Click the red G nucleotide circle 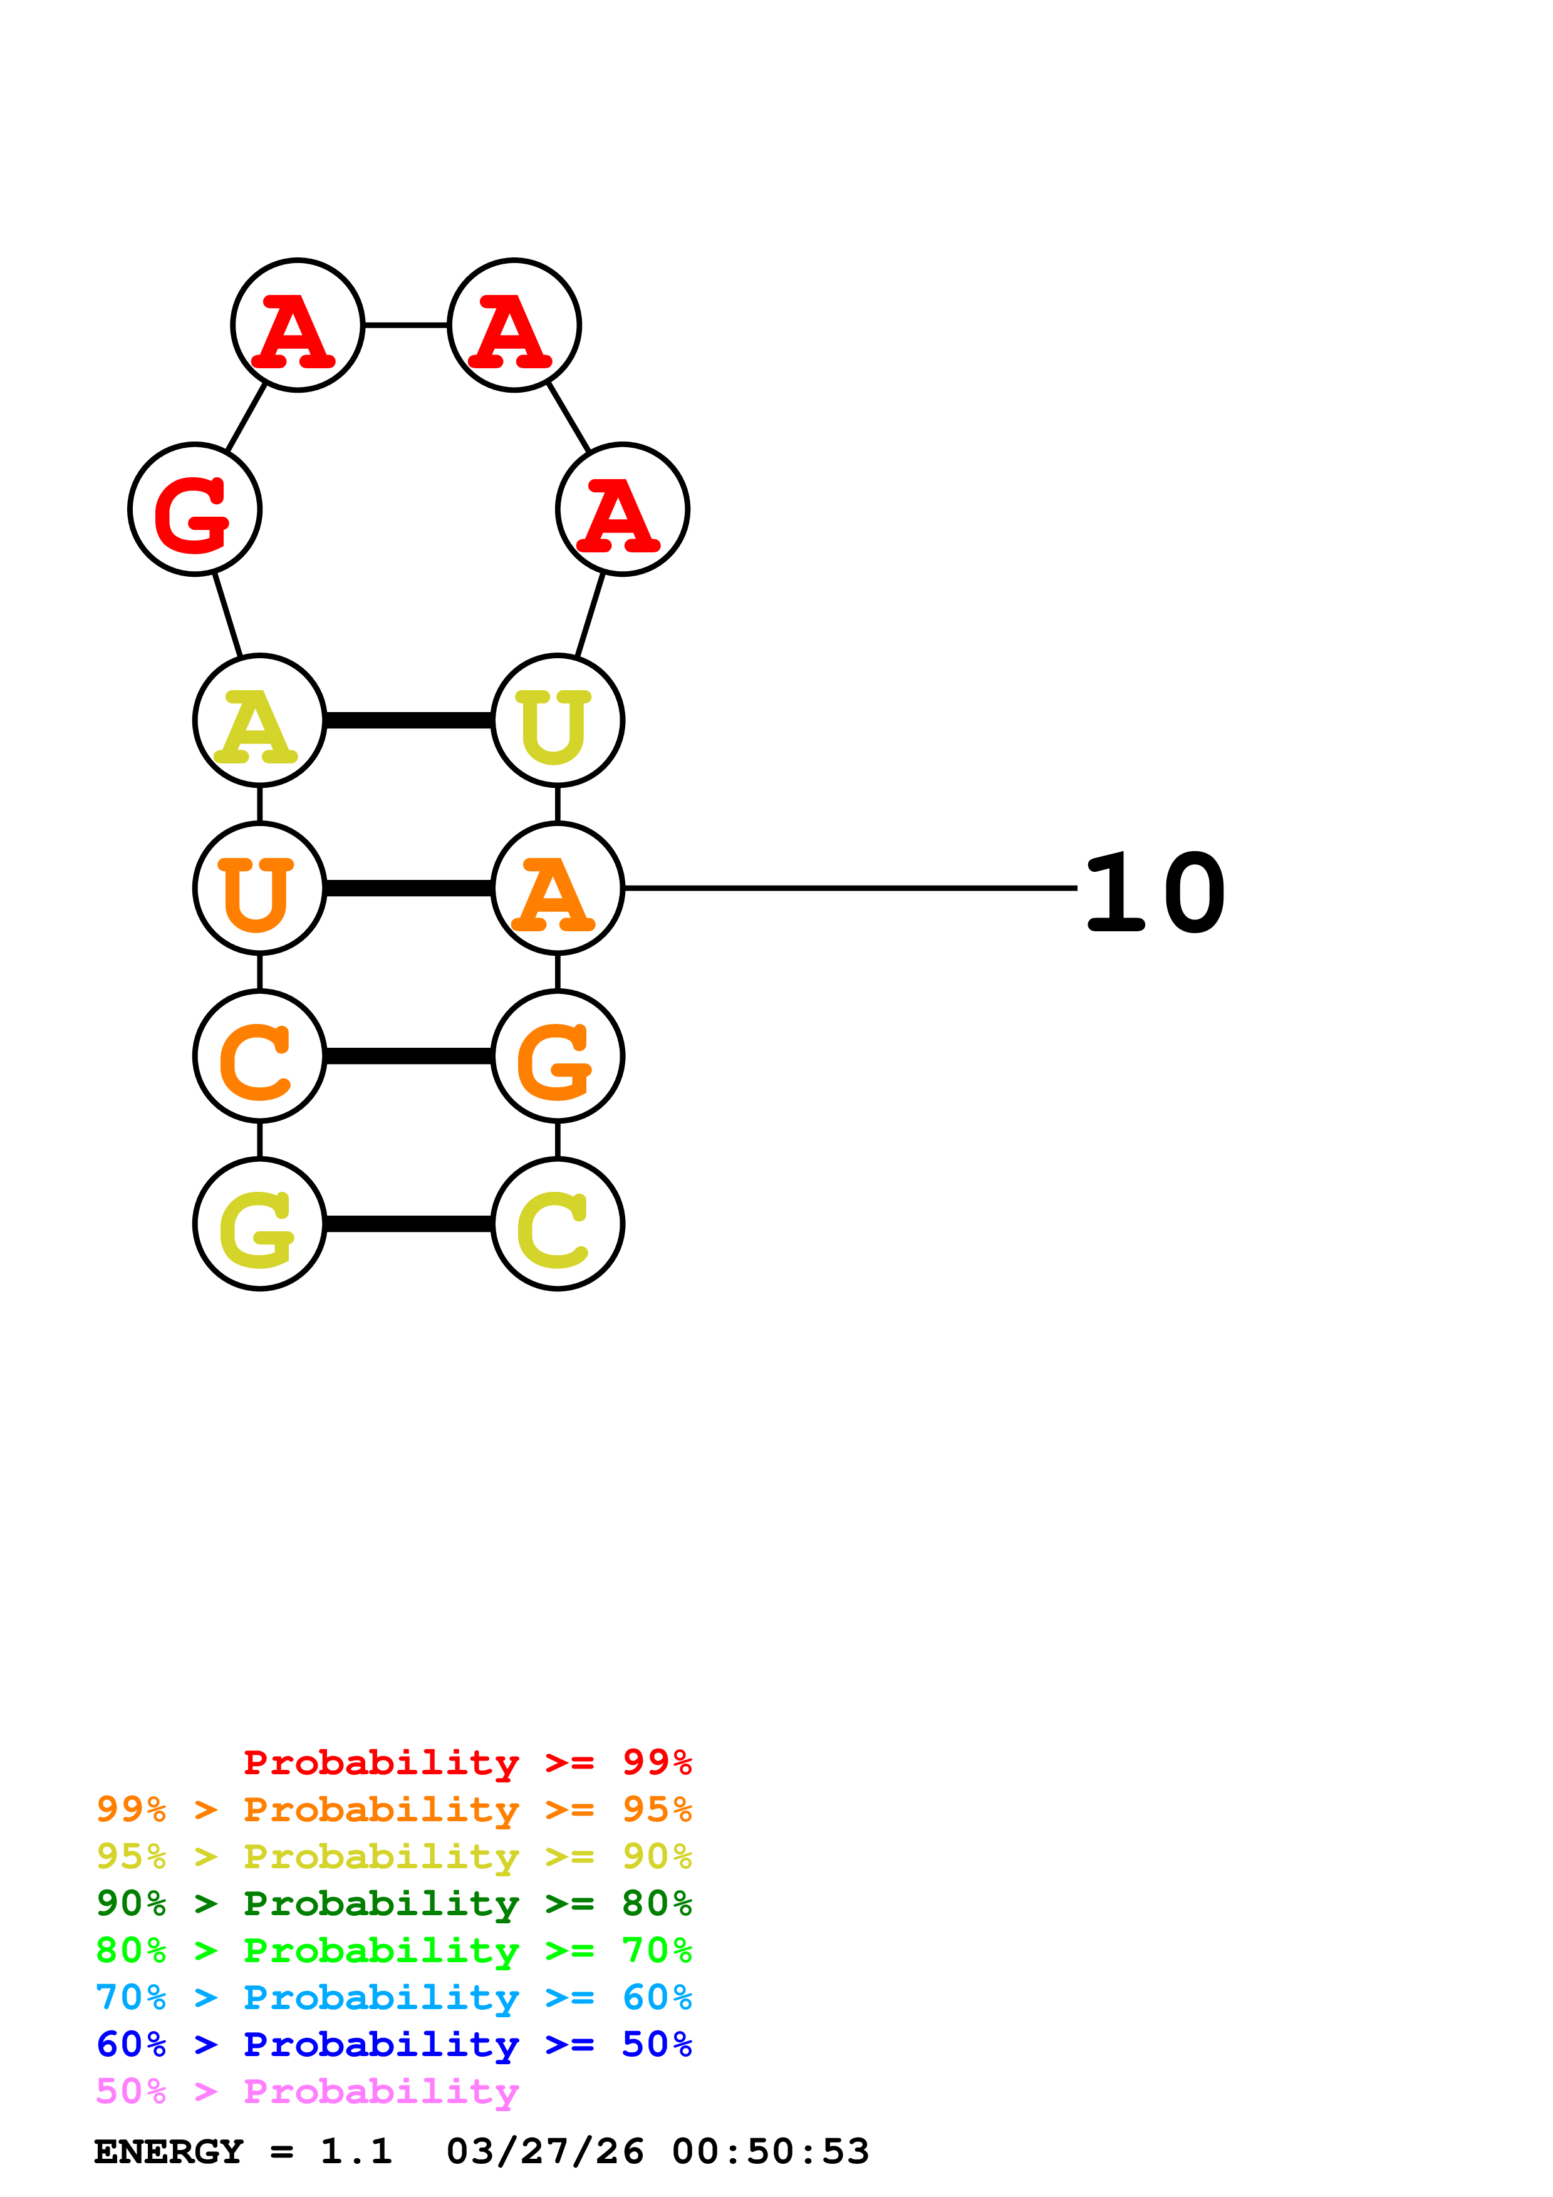point(195,509)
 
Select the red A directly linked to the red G point(298,325)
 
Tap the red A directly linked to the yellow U point(622,509)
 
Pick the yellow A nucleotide point(259,720)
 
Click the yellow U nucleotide point(558,720)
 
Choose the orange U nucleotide point(259,888)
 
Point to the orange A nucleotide point(558,888)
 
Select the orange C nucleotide point(259,1057)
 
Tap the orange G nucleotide point(558,1057)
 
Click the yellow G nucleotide point(259,1224)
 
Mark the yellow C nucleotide point(558,1224)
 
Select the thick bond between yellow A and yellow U point(408,720)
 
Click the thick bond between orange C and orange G point(408,1057)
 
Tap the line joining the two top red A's point(406,325)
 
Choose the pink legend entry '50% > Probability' point(306,2092)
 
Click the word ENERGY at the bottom point(169,2152)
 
